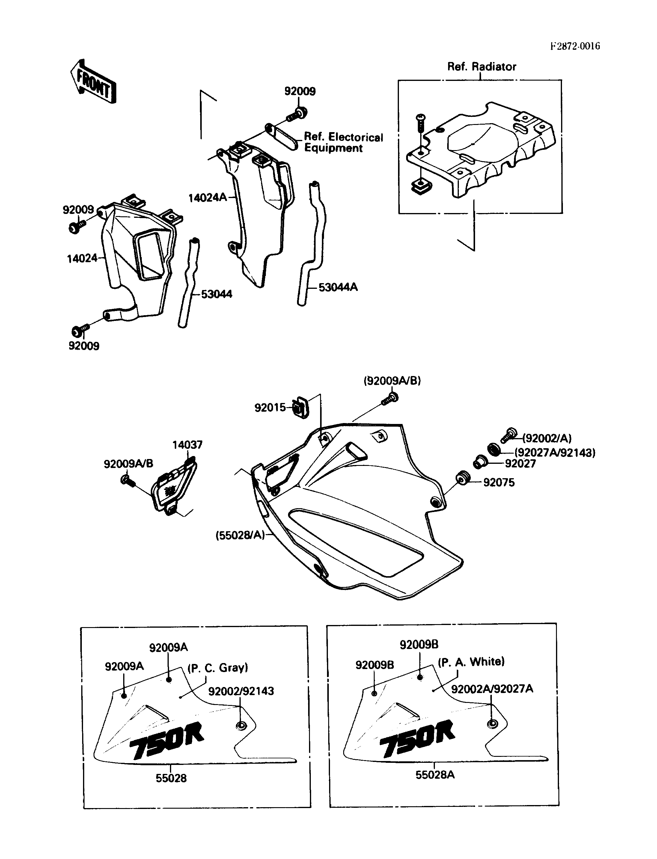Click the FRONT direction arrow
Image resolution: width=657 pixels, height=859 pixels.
pyautogui.click(x=94, y=81)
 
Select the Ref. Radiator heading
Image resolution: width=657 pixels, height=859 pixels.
pyautogui.click(x=481, y=67)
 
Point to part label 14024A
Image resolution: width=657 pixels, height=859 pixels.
pyautogui.click(x=207, y=198)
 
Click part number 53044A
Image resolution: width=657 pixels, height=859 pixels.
pyautogui.click(x=338, y=287)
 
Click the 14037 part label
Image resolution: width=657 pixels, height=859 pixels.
pyautogui.click(x=187, y=445)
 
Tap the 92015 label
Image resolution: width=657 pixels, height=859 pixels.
pyautogui.click(x=270, y=408)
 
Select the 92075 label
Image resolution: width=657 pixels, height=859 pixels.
pyautogui.click(x=499, y=482)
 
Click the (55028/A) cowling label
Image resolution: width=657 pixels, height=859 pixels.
pyautogui.click(x=240, y=535)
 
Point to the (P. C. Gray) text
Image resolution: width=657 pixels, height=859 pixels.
pyautogui.click(x=218, y=668)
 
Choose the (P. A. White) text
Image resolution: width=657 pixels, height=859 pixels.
pyautogui.click(x=471, y=662)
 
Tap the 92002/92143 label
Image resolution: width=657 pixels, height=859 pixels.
pyautogui.click(x=241, y=691)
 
